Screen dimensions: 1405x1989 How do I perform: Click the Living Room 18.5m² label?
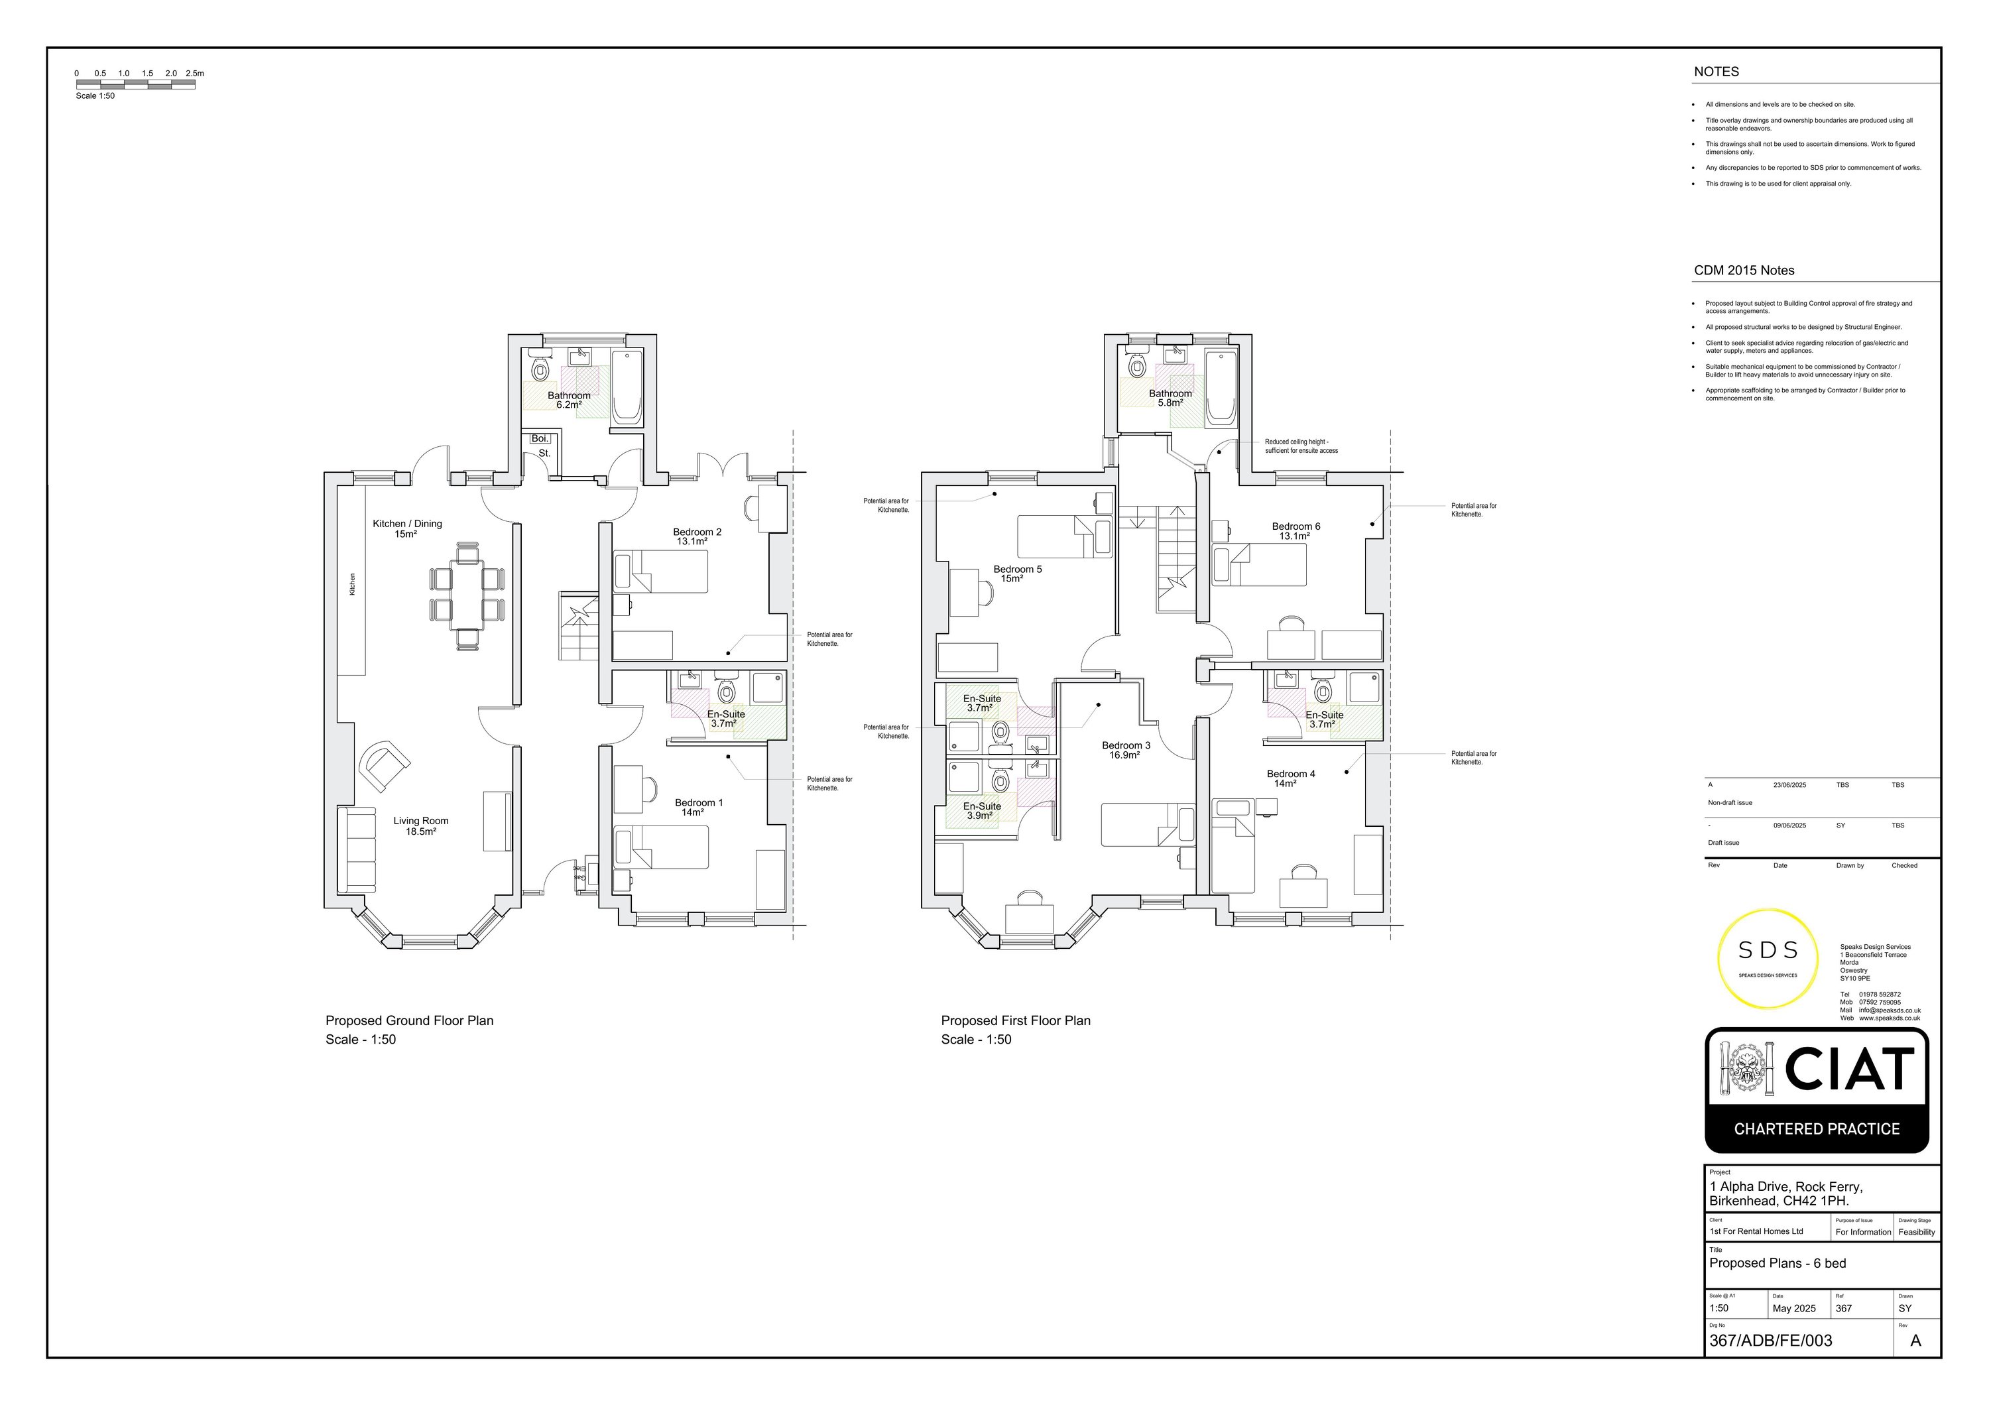click(420, 825)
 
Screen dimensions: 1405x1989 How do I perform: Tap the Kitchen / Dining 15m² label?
click(407, 528)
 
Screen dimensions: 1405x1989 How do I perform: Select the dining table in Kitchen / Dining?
click(468, 595)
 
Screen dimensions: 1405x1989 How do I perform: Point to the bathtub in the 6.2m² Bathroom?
click(627, 387)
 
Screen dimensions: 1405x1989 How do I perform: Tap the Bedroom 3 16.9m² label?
click(1125, 750)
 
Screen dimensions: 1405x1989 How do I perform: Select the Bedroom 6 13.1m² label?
click(1295, 530)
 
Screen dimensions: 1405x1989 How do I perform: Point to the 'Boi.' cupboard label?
click(540, 438)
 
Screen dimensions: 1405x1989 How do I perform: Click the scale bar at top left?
click(135, 84)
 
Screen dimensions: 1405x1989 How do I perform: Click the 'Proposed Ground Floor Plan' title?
click(409, 1020)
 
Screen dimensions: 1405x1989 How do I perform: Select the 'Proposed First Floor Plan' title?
click(1015, 1020)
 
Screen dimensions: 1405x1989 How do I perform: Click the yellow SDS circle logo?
click(1768, 958)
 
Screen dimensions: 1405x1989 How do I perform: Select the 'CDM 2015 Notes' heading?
click(1744, 271)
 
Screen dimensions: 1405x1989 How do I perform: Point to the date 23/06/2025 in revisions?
click(1789, 785)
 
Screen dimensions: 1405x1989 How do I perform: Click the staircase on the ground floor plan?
click(578, 625)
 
